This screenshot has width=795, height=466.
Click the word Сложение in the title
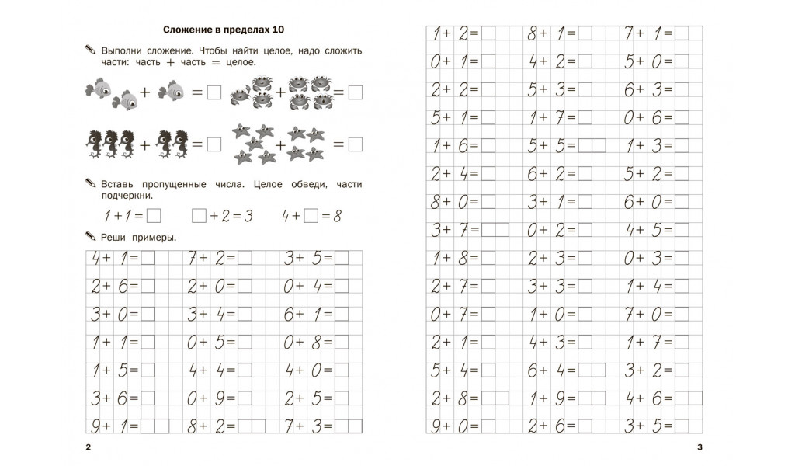click(189, 30)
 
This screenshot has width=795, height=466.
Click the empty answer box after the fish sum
click(215, 93)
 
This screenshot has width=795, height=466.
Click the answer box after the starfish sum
click(356, 144)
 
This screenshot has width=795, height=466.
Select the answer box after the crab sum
click(356, 93)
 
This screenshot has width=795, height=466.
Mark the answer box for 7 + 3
click(348, 426)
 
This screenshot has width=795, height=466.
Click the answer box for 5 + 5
click(592, 145)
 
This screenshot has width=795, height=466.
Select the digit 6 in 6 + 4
click(533, 371)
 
